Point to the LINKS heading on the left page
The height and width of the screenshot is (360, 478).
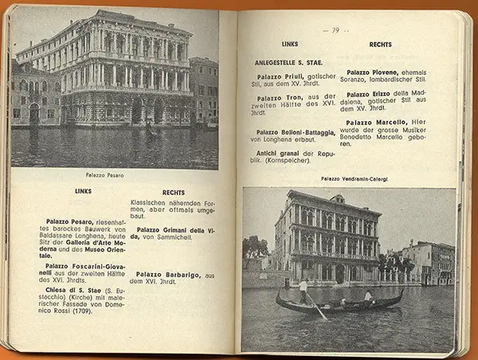[x=83, y=191]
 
